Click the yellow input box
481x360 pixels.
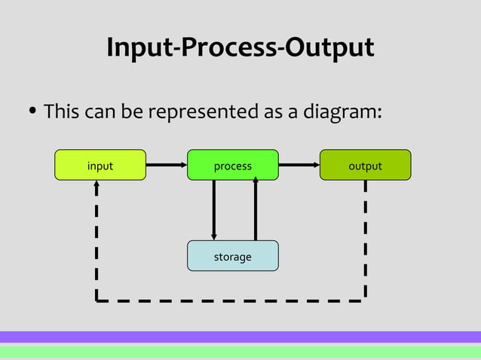100,165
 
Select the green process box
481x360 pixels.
232,165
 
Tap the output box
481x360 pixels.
365,165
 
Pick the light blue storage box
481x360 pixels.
232,256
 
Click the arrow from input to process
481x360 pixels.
166,164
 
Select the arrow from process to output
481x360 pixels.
299,164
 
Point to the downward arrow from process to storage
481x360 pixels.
214,210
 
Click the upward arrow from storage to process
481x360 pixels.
256,210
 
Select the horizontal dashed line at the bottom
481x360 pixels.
231,301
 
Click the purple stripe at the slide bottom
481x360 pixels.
240,337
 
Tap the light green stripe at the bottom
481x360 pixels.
240,352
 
